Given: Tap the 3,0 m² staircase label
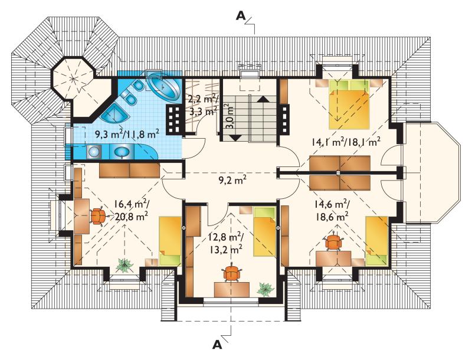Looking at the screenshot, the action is point(230,116).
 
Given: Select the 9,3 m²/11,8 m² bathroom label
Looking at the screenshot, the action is point(126,133).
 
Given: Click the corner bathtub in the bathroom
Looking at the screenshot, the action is point(163,86).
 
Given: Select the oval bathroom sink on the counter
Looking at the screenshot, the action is point(122,152).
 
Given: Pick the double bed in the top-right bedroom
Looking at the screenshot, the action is point(349,104).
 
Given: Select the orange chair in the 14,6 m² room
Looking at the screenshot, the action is point(333,241).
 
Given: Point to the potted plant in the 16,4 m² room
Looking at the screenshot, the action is point(124,265).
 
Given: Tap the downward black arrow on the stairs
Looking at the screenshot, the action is point(235,138).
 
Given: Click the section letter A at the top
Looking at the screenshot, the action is point(241,16).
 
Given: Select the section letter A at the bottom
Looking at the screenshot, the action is point(217,345).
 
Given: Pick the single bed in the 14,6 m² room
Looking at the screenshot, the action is point(376,241).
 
